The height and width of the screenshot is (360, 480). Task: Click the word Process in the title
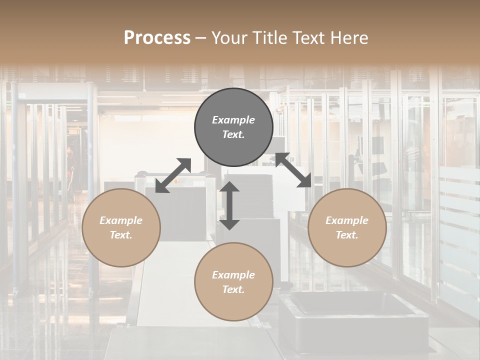point(157,38)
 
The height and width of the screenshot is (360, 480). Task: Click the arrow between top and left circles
point(173,175)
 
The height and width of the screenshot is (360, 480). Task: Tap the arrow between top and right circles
point(293,170)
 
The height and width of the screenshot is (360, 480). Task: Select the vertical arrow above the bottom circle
point(229,205)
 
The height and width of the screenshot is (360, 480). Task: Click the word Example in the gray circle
point(233,120)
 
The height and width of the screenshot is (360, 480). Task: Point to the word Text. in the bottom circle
point(233,289)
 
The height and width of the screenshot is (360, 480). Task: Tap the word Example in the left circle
point(121,220)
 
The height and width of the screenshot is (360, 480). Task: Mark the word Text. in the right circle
point(347,235)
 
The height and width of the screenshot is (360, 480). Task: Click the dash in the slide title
point(201,38)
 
